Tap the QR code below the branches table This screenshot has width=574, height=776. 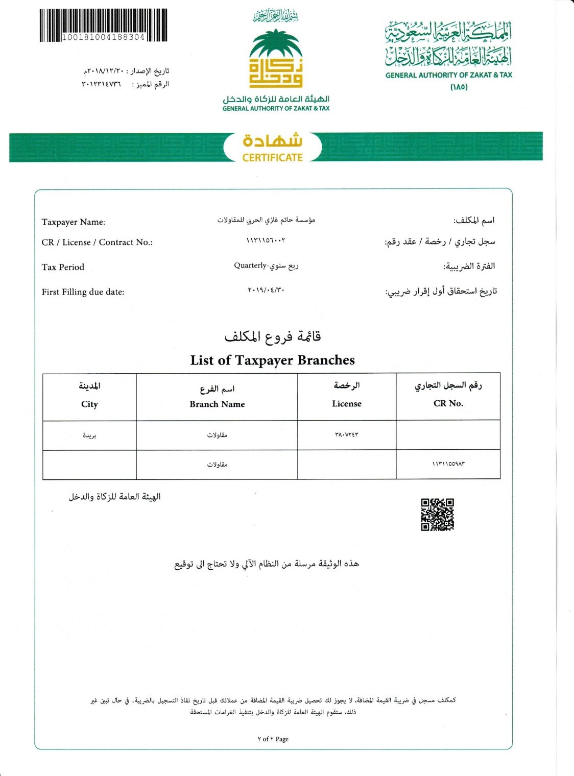(x=437, y=515)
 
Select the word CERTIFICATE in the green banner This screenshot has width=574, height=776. (x=273, y=158)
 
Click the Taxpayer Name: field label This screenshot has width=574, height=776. (x=74, y=222)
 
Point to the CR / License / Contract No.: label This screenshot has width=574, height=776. (x=97, y=243)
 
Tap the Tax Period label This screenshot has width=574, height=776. (x=63, y=267)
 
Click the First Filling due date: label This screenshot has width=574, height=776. (x=83, y=292)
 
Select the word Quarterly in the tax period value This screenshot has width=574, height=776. (x=250, y=265)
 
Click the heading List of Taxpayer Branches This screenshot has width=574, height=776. (x=272, y=360)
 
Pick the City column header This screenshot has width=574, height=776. (x=89, y=404)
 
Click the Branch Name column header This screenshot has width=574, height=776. (x=217, y=404)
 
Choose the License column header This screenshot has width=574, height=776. (x=346, y=403)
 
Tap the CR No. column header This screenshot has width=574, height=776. (x=448, y=403)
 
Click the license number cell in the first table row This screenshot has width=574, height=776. (x=346, y=434)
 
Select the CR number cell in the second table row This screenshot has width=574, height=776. (x=448, y=464)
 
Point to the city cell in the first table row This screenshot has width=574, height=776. (x=89, y=435)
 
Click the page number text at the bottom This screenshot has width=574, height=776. (x=273, y=739)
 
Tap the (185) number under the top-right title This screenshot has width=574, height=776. (x=459, y=87)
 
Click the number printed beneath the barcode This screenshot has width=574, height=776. (x=103, y=37)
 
